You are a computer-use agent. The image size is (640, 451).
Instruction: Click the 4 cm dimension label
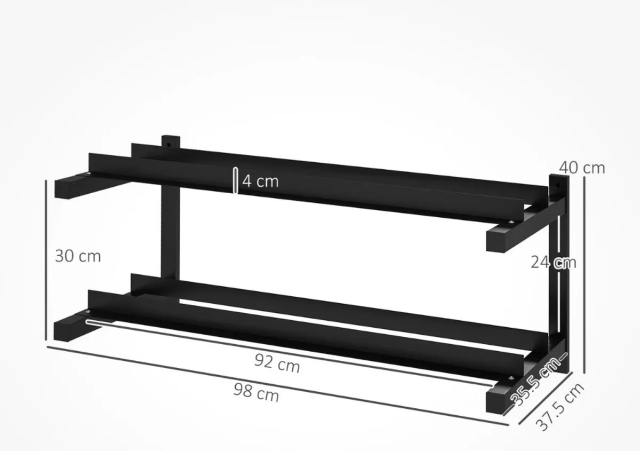click(260, 181)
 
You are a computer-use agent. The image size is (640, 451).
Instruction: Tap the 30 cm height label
click(78, 256)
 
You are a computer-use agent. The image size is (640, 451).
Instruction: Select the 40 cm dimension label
click(582, 168)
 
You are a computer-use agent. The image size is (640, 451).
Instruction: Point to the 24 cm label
click(553, 262)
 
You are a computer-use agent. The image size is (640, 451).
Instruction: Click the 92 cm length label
click(276, 365)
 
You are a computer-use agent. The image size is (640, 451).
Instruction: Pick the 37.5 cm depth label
click(559, 407)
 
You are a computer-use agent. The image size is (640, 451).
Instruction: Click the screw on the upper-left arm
click(89, 175)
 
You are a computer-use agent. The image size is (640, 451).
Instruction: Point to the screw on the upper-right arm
click(512, 223)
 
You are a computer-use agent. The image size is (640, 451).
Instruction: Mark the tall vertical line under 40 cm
click(585, 275)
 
